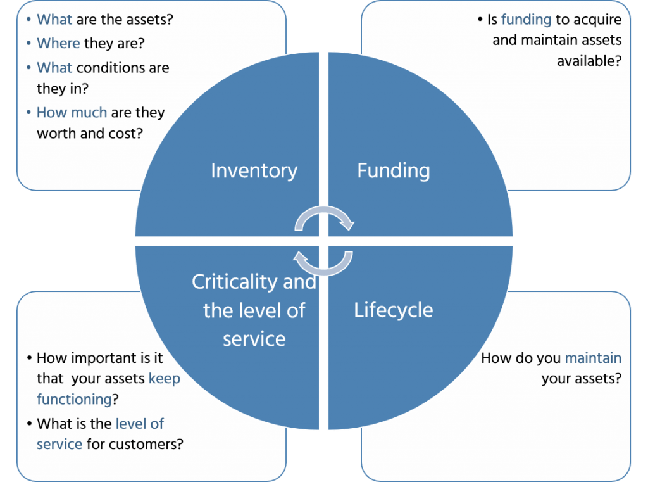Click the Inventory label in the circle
click(254, 170)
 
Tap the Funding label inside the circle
click(393, 170)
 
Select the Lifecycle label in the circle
click(393, 310)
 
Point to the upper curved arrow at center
click(324, 219)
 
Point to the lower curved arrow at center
click(324, 262)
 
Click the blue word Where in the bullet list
click(58, 43)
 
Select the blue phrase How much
click(72, 113)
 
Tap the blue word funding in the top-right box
click(526, 20)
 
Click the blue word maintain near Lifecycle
click(592, 358)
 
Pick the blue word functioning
click(74, 400)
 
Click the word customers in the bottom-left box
click(145, 444)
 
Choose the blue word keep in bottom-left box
click(165, 379)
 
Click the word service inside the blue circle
click(254, 339)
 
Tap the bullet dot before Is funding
click(480, 20)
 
